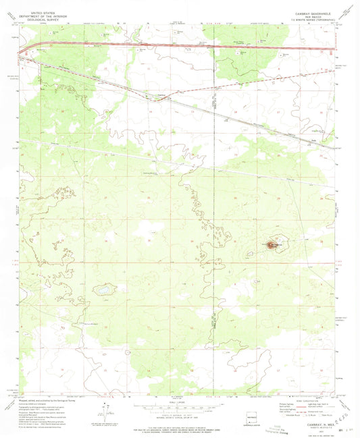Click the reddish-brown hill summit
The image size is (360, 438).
[274, 245]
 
